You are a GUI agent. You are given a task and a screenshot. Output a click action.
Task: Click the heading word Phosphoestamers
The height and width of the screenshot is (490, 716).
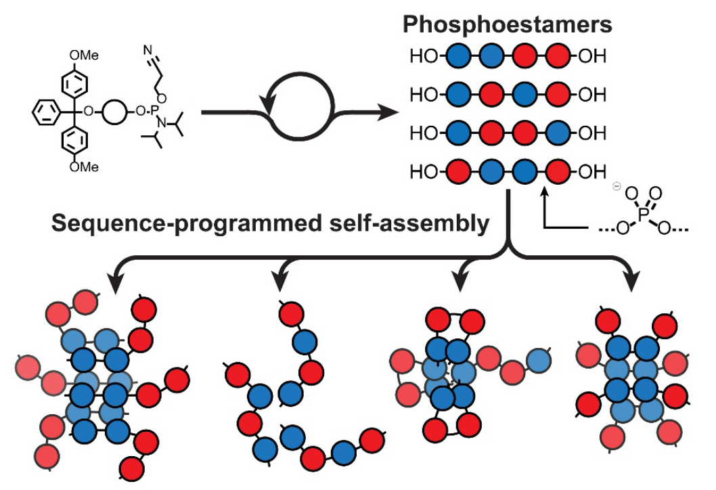click(x=508, y=26)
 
